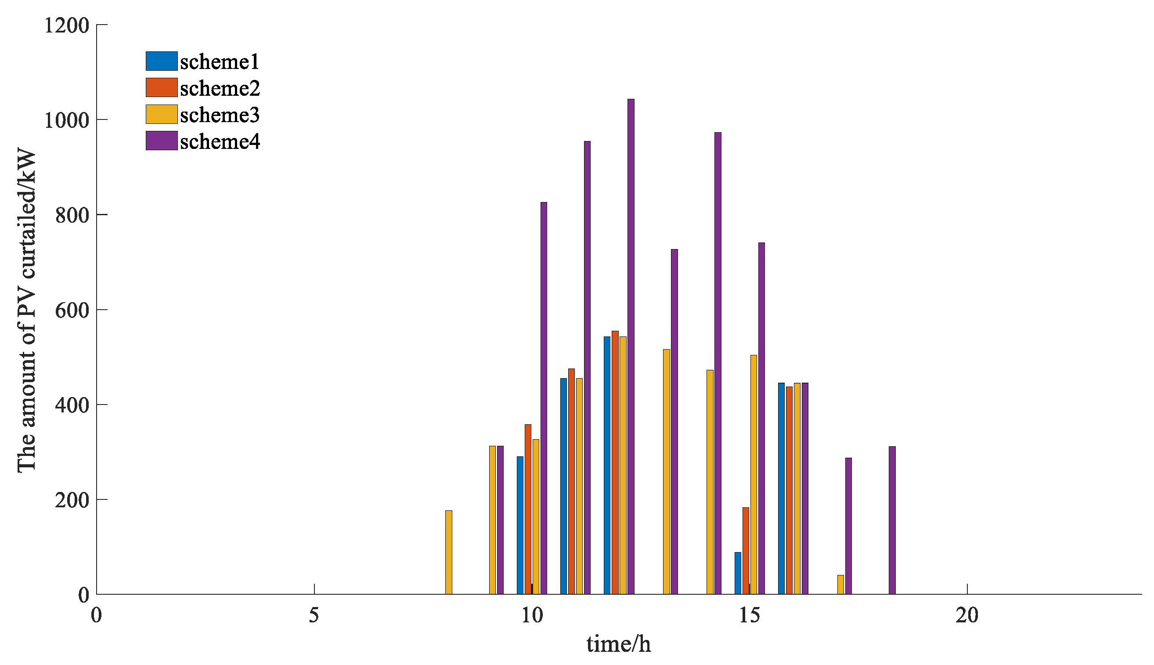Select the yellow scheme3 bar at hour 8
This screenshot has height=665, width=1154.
click(449, 552)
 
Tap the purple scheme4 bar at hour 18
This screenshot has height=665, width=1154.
click(892, 520)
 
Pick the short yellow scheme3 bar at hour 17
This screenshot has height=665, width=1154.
click(840, 585)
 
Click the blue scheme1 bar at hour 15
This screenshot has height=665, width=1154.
click(738, 573)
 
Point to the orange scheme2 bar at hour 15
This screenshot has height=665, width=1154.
click(746, 551)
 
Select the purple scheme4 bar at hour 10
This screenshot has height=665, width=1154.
click(544, 398)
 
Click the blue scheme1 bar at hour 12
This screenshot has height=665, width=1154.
click(607, 466)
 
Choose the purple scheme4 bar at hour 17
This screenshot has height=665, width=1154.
click(849, 526)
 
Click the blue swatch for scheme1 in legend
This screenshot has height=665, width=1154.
click(162, 61)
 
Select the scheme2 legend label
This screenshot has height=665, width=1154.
click(220, 88)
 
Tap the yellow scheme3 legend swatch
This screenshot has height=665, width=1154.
click(162, 114)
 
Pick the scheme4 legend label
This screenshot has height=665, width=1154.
click(220, 141)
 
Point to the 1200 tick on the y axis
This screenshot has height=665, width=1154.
click(67, 25)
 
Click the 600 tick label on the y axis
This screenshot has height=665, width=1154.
click(72, 310)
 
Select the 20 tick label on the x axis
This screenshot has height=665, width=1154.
click(967, 616)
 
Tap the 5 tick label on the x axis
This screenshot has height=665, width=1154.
click(314, 616)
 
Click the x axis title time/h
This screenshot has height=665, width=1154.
click(619, 644)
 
